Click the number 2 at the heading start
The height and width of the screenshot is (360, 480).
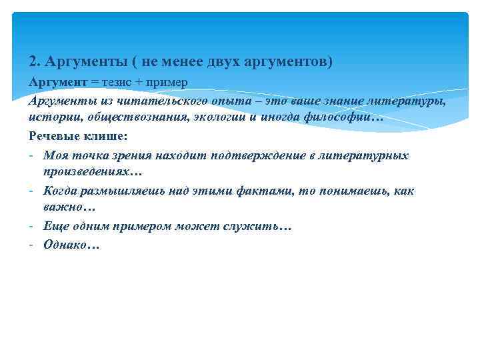pos(33,61)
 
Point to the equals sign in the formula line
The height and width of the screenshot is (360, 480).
pos(94,82)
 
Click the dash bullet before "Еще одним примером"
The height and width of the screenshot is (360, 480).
pos(32,227)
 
